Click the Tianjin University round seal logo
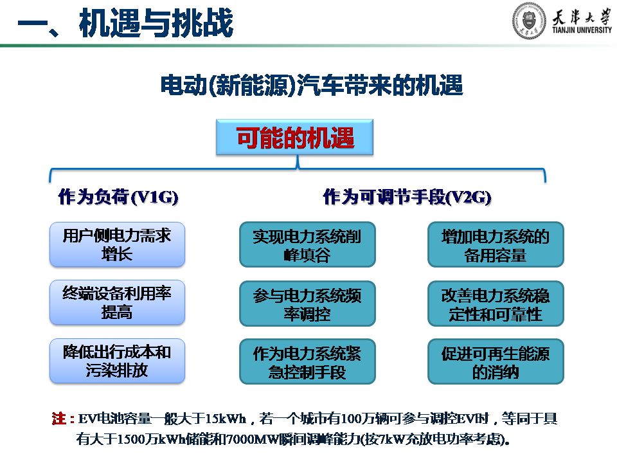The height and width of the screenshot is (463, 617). [x=529, y=21]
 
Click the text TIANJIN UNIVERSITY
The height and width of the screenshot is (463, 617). [x=582, y=30]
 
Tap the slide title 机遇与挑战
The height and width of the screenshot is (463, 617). [x=156, y=23]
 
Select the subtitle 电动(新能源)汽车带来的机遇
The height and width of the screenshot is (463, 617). [x=311, y=86]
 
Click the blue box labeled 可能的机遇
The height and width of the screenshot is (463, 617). [x=294, y=137]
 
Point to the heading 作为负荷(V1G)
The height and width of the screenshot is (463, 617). [x=118, y=197]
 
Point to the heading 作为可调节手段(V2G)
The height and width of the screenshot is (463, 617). [x=407, y=197]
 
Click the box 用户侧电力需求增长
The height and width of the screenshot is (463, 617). [x=117, y=244]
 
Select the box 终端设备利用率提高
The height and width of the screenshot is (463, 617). [x=117, y=302]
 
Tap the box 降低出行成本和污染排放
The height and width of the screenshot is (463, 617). [x=117, y=361]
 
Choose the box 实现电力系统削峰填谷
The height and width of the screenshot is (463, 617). [x=307, y=244]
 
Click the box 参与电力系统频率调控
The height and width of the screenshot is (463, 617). [x=307, y=303]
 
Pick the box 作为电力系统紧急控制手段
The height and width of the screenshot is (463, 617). [x=307, y=361]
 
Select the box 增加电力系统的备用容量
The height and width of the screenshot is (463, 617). [x=496, y=244]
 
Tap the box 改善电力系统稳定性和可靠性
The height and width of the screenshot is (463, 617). [x=496, y=303]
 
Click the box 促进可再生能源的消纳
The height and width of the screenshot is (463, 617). [x=496, y=361]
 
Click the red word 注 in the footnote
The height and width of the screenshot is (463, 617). [x=59, y=418]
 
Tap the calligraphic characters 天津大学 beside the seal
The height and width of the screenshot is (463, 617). [x=582, y=17]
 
